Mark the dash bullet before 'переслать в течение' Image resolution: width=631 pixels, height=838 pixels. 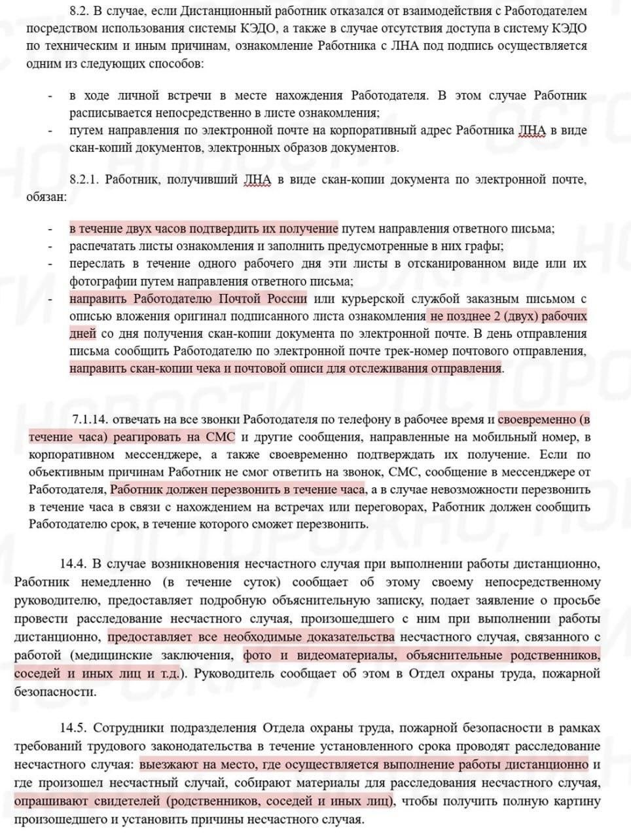[50, 264]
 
